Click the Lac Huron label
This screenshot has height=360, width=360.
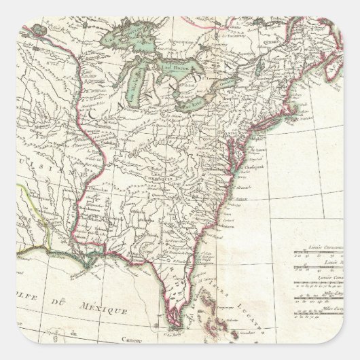(x=170, y=67)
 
